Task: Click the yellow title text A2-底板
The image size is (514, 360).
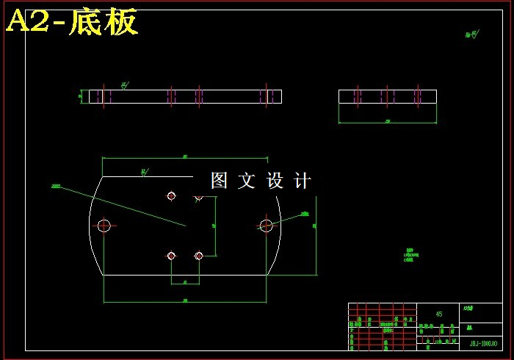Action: point(71,22)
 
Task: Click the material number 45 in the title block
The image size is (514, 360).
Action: point(439,314)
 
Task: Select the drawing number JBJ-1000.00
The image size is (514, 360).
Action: point(482,343)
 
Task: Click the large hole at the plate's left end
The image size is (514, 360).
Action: point(104,226)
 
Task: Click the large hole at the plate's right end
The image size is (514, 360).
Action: point(266,226)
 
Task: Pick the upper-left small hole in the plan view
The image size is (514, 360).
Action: point(171,196)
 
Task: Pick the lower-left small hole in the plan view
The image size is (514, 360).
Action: point(171,256)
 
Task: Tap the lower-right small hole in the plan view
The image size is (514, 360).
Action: point(198,256)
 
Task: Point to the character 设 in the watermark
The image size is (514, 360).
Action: point(275,181)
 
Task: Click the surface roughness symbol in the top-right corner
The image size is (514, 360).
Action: point(471,34)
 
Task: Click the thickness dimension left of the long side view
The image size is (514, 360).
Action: point(81,96)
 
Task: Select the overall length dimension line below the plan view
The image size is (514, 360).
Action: point(184,301)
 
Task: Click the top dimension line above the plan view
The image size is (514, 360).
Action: point(184,157)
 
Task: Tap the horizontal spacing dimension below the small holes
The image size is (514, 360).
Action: point(185,283)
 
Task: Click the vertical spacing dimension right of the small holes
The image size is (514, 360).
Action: point(214,226)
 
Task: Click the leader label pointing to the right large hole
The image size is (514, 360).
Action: point(304,214)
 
